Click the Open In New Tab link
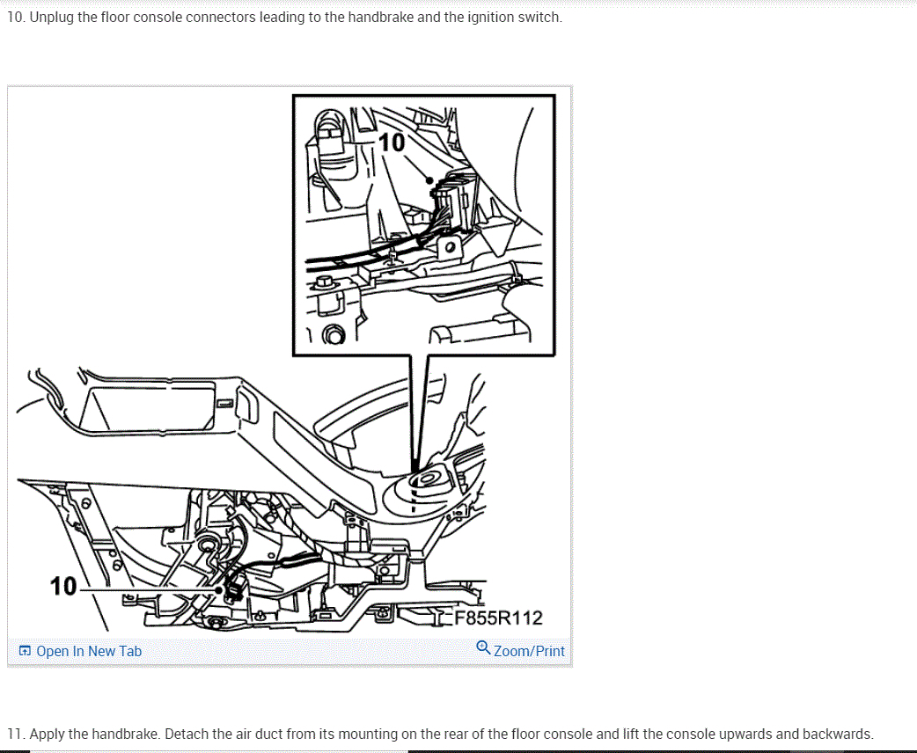point(89,651)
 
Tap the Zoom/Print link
point(529,651)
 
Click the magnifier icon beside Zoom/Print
point(483,647)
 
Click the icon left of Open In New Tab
point(25,651)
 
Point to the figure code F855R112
point(498,618)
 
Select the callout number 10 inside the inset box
point(392,143)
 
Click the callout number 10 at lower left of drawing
point(63,587)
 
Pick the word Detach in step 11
point(184,735)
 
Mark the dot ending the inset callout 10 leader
point(429,180)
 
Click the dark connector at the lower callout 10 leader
point(234,588)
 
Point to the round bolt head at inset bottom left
point(334,335)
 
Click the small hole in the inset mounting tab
point(450,247)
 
